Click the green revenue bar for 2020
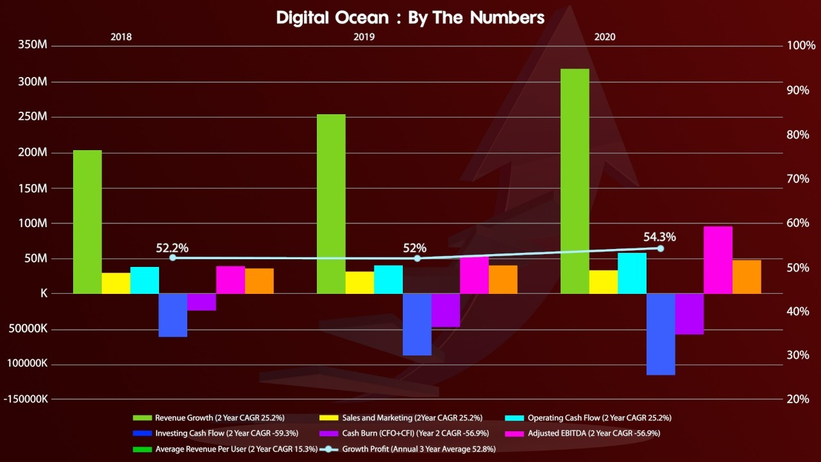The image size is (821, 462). [x=575, y=182]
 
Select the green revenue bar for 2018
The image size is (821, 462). [x=87, y=222]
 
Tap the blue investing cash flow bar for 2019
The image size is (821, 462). [x=417, y=325]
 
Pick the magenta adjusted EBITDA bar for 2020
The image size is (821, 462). [x=718, y=260]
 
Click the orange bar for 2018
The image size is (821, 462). [x=259, y=281]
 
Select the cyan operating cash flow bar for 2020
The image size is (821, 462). [x=632, y=273]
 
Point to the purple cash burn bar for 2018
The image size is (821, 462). [x=201, y=302]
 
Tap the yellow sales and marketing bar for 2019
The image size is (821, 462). [x=360, y=282]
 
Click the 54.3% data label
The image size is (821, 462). [x=659, y=237]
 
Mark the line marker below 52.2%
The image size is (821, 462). [x=173, y=257]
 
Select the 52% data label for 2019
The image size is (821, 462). [x=414, y=248]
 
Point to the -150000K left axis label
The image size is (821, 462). [x=26, y=398]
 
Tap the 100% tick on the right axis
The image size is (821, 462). [x=800, y=46]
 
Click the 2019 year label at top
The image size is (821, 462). [x=364, y=37]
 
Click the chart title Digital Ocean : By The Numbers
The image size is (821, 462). [x=410, y=17]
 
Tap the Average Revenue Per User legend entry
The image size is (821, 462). [x=224, y=449]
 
